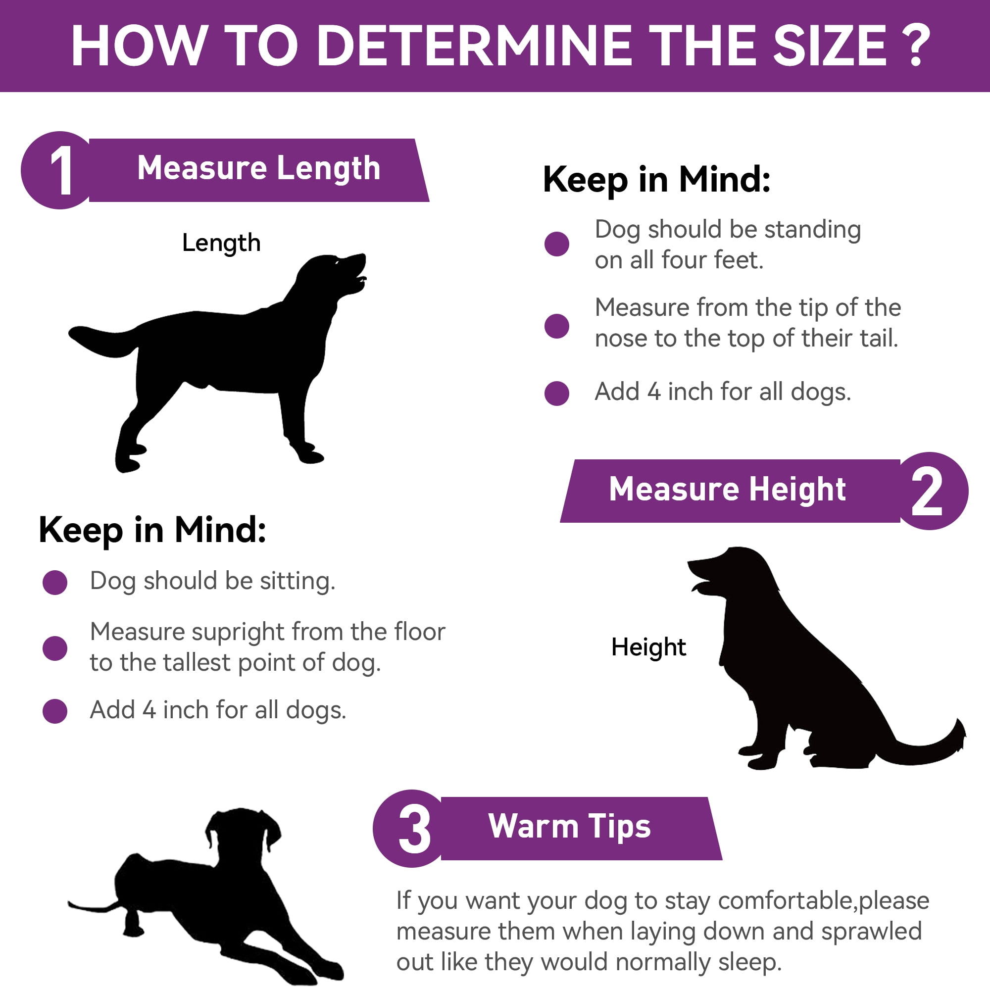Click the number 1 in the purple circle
[x=61, y=170]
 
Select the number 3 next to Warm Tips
[x=414, y=829]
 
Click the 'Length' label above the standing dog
[x=221, y=243]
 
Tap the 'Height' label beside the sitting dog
[x=648, y=646]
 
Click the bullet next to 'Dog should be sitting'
[x=55, y=582]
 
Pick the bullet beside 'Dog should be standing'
[x=556, y=244]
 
